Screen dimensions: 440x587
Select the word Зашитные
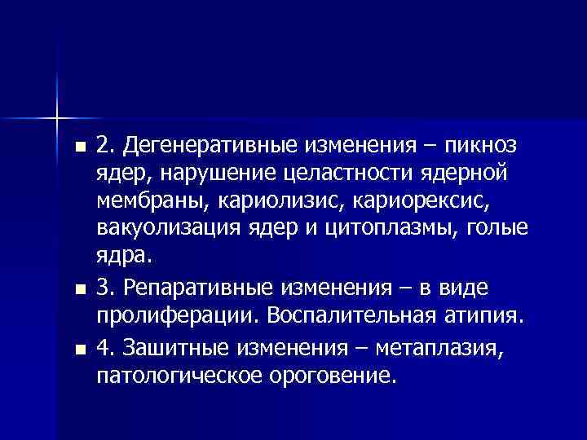click(x=174, y=349)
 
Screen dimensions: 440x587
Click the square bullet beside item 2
click(x=77, y=147)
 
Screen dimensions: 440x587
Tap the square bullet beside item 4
click(x=77, y=350)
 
